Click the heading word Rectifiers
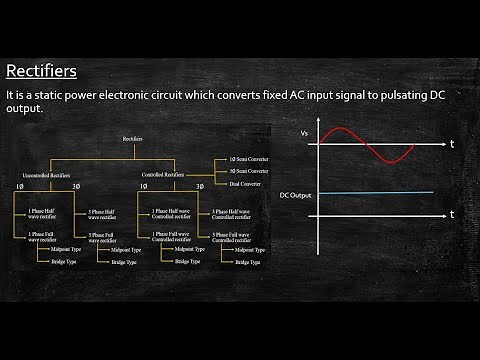[x=41, y=71]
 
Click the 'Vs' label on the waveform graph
[x=304, y=133]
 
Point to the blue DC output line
[x=375, y=193]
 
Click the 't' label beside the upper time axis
[x=452, y=145]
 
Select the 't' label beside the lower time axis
[x=452, y=214]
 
